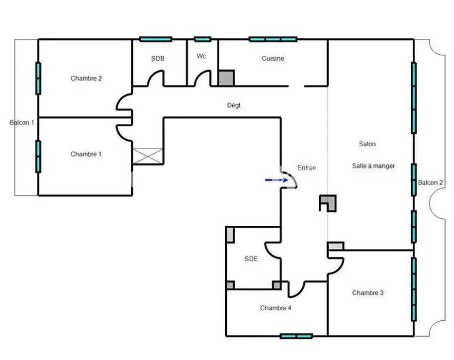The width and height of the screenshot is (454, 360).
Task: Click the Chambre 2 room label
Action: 86,78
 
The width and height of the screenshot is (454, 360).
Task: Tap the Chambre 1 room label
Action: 86,154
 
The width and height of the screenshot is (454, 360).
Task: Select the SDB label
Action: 158,59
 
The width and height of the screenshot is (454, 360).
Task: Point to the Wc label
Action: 201,56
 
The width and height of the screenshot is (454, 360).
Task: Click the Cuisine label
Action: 272,59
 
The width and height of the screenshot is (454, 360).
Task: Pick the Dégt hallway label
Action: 234,105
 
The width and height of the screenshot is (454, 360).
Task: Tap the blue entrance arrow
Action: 276,180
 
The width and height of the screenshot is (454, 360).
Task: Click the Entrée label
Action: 307,168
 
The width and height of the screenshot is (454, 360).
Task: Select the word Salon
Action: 367,144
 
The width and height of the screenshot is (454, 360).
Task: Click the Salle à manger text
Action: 373,166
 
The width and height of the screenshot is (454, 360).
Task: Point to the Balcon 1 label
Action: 22,122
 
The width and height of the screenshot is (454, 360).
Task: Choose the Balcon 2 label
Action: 431,183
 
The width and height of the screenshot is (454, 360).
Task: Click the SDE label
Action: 251,259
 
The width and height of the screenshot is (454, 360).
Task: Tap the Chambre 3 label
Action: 367,293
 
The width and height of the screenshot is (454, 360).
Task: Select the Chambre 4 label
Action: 275,308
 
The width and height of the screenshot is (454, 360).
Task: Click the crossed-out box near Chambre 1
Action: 148,157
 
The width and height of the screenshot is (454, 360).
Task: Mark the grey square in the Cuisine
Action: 226,78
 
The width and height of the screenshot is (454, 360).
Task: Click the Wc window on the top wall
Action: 202,39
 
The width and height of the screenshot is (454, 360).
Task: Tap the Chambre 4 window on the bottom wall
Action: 296,336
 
